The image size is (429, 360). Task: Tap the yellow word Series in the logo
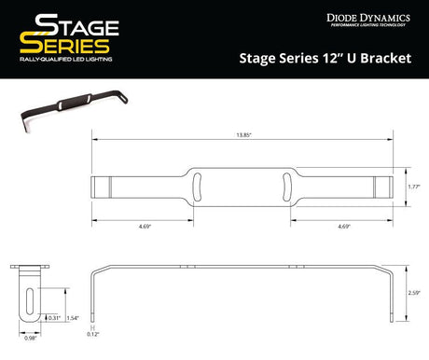click(65, 46)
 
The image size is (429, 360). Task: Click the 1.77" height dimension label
click(414, 187)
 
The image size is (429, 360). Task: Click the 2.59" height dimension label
click(414, 293)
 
